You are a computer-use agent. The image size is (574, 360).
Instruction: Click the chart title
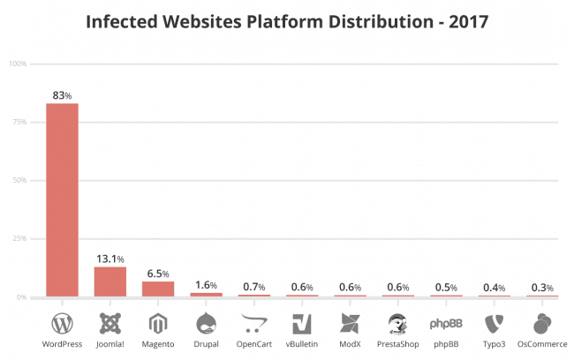click(x=286, y=20)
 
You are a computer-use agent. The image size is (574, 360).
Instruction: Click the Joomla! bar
click(x=110, y=281)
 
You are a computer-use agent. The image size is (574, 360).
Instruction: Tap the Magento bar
click(x=158, y=289)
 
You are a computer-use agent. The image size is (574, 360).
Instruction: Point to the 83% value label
click(x=63, y=94)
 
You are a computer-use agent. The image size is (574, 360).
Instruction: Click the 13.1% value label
click(x=110, y=258)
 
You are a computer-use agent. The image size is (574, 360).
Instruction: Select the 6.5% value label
click(x=158, y=273)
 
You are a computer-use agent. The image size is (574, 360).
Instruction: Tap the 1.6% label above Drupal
click(x=206, y=284)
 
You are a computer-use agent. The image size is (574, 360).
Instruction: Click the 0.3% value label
click(x=541, y=288)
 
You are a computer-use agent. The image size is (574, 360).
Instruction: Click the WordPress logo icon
click(x=63, y=321)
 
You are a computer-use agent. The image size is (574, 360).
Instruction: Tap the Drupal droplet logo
click(x=206, y=321)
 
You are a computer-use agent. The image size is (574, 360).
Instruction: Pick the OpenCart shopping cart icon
click(x=253, y=321)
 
